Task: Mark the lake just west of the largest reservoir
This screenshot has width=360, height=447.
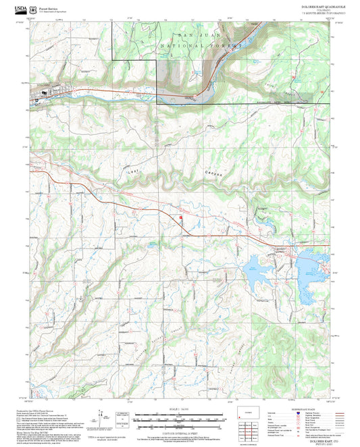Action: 259,269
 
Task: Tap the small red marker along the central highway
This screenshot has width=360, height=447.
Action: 180,217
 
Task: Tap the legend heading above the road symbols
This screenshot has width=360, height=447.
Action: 309,409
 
